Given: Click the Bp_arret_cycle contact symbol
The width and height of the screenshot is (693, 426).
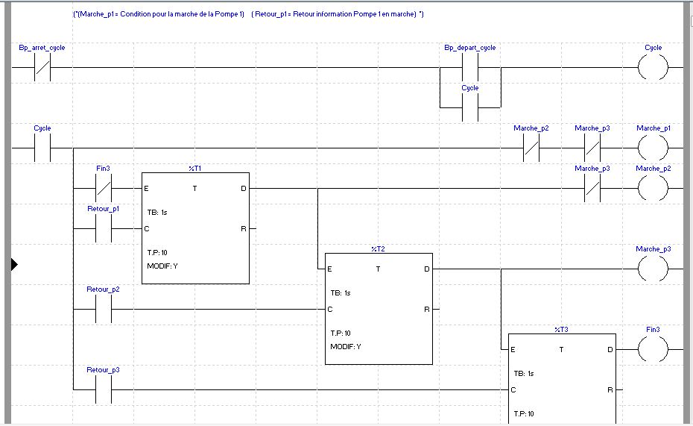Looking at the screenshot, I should tap(42, 68).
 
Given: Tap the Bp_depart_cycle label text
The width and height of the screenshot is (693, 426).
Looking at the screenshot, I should tap(470, 48).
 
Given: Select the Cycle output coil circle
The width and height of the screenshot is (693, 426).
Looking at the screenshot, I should tap(653, 68).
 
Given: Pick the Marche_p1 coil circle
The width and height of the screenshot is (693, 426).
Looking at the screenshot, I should tap(653, 148).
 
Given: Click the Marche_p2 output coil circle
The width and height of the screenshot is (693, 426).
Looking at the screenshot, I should tap(653, 189).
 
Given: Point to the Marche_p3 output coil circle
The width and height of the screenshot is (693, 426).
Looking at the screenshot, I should tap(653, 269).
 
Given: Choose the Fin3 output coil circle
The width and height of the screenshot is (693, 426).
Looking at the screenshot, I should tap(653, 349).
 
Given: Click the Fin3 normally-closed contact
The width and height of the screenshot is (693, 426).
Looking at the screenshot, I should tap(103, 189).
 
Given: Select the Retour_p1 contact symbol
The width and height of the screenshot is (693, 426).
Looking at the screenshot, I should tap(103, 229).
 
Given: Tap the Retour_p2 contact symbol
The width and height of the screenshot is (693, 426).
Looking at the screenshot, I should tap(103, 310).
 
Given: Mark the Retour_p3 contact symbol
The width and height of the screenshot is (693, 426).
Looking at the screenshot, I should tap(103, 389).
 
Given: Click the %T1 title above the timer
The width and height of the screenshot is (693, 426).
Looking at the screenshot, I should tap(195, 169).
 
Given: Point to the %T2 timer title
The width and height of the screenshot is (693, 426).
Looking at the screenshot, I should tap(378, 249).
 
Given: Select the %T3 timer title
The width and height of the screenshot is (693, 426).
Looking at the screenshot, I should tap(561, 329).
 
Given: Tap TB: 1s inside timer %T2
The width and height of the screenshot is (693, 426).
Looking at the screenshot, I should tap(341, 292).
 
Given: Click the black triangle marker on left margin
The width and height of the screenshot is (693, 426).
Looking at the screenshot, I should tap(13, 264).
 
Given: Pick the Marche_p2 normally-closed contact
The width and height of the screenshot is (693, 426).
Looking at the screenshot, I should tap(531, 148).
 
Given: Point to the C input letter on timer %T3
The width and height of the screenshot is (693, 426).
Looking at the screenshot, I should tap(513, 389).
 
